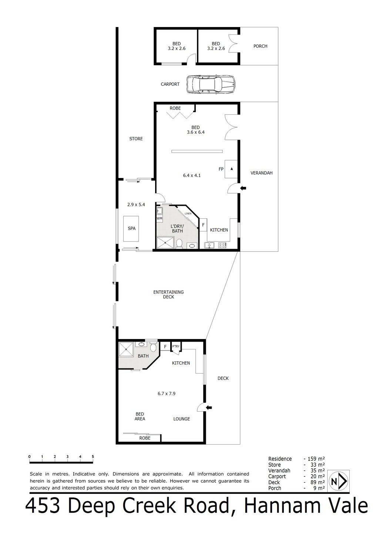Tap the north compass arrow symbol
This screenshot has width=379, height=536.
[x=339, y=481]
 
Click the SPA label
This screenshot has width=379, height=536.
[x=131, y=228]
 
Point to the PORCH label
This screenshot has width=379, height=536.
[x=260, y=46]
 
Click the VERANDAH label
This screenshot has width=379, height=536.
[x=261, y=173]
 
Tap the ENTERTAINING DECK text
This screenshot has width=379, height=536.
[x=168, y=294]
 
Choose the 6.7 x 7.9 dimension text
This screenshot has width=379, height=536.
[x=166, y=393]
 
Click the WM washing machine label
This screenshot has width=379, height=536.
[x=160, y=218]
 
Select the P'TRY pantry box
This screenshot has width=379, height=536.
[x=176, y=346]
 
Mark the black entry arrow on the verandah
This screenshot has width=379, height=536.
[x=243, y=188]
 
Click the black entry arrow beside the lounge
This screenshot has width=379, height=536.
[x=209, y=408]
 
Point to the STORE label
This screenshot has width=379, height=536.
[x=136, y=139]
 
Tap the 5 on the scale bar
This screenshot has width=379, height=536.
[x=93, y=457]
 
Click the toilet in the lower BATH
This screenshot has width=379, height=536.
[x=153, y=348]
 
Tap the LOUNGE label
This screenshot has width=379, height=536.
[x=182, y=419]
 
